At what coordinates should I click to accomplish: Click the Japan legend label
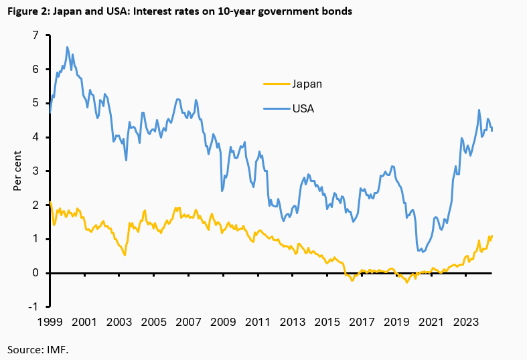click(x=307, y=84)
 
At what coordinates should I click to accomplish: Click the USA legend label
click(x=303, y=108)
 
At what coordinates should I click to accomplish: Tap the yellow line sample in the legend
click(x=275, y=84)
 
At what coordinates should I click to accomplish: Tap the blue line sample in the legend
click(x=275, y=108)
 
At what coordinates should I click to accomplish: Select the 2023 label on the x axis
click(x=467, y=322)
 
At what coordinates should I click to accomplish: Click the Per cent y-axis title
click(x=17, y=171)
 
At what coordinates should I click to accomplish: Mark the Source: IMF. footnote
click(x=38, y=349)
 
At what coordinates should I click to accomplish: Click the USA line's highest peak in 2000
click(x=67, y=47)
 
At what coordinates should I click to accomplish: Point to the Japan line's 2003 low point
click(x=125, y=255)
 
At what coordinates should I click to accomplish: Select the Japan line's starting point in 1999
click(x=50, y=201)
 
